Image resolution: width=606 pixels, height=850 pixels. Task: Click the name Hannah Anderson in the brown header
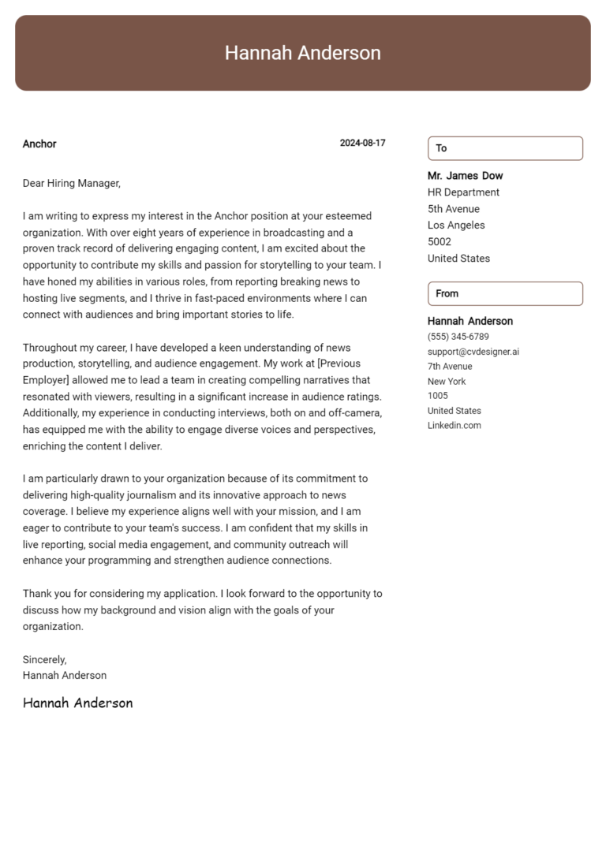[x=302, y=53]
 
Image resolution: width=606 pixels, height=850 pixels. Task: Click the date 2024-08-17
[x=362, y=144]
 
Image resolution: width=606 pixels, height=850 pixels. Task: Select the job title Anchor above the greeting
[x=39, y=144]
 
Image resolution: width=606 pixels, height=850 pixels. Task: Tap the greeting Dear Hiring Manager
[x=71, y=183]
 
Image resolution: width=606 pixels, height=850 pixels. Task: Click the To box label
[x=441, y=148]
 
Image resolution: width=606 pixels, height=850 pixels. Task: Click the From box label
[x=447, y=293]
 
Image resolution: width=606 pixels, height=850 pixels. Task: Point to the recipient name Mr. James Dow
[x=465, y=176]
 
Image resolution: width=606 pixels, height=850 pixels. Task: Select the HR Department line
[x=463, y=192]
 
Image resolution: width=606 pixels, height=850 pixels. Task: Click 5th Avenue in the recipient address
[x=453, y=209]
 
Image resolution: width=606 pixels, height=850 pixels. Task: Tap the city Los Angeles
[x=456, y=226]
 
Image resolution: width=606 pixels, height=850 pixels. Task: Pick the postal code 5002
[x=440, y=242]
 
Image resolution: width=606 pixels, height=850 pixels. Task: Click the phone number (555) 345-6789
[x=458, y=337]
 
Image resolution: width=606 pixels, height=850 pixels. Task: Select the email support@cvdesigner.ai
[x=473, y=352]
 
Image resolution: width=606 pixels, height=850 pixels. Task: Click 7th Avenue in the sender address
[x=450, y=367]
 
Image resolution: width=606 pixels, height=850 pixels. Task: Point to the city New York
[x=447, y=382]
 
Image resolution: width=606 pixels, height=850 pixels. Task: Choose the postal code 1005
[x=438, y=396]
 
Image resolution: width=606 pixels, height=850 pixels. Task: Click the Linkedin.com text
[x=454, y=426]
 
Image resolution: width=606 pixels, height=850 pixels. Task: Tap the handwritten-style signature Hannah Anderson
[x=77, y=703]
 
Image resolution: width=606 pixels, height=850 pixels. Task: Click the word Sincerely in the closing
[x=44, y=659]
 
